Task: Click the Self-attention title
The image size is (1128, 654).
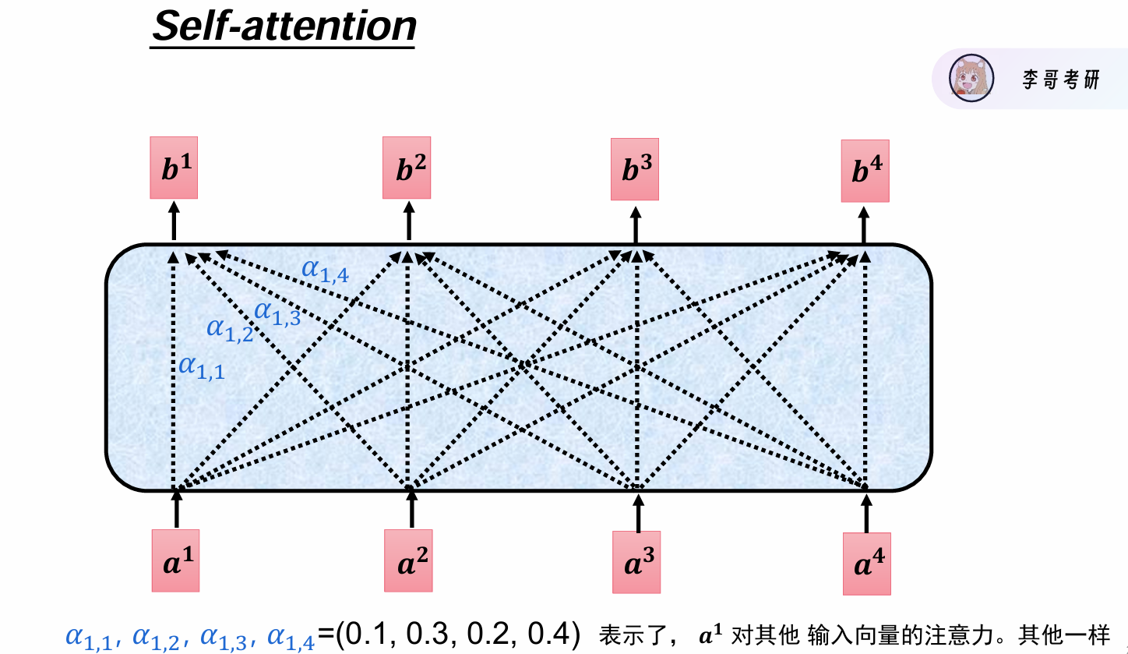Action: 284,27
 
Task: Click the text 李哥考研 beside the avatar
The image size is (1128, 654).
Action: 1061,79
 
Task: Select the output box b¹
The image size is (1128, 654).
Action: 174,171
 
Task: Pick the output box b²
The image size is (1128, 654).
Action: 407,168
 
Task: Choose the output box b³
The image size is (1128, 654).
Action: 635,170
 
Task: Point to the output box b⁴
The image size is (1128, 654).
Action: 865,171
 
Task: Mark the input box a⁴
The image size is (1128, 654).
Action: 866,564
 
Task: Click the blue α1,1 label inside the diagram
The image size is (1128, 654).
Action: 201,366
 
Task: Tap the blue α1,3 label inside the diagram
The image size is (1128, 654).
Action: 277,313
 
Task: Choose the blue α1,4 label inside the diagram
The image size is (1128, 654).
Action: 325,270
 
